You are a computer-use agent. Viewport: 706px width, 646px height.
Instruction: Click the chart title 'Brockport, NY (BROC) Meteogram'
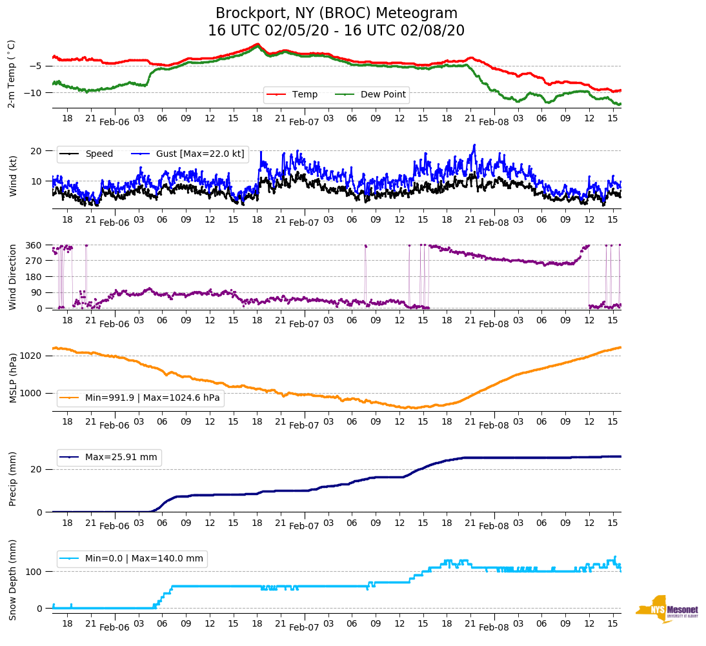336,14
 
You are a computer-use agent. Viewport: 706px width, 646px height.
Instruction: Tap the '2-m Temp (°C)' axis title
12,74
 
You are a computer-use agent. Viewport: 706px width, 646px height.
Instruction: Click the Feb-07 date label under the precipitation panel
304,527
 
